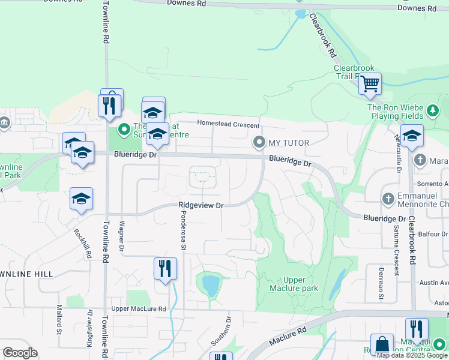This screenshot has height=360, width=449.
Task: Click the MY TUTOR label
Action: (x=289, y=143)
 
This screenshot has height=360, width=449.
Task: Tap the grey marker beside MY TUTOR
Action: (x=259, y=143)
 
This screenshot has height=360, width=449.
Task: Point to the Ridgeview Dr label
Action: (x=200, y=205)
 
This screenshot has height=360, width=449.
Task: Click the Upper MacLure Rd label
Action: (x=139, y=308)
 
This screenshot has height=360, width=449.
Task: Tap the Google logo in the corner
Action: (x=20, y=352)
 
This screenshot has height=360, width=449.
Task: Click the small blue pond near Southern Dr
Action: (x=211, y=284)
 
